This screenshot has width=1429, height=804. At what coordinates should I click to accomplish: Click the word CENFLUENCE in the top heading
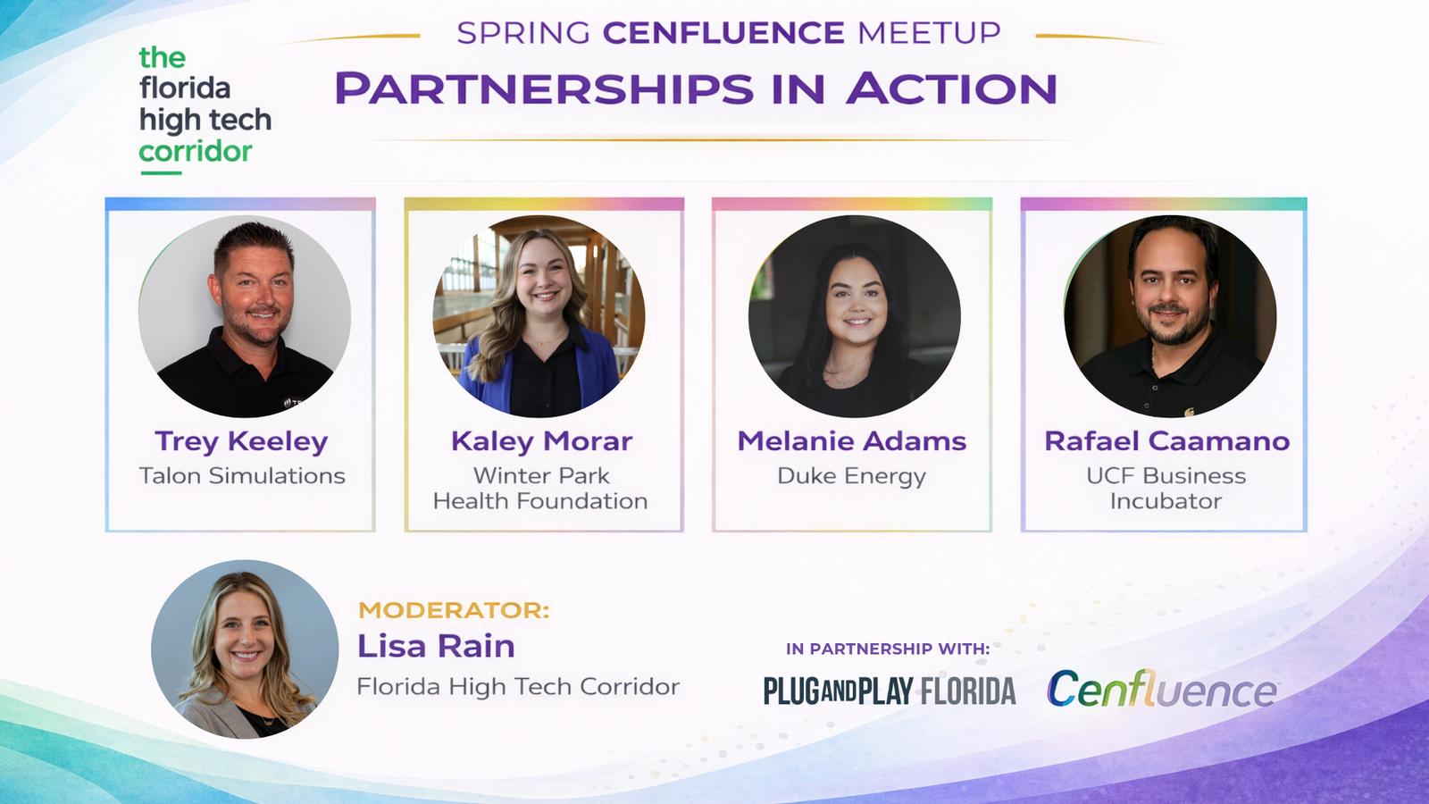(724, 32)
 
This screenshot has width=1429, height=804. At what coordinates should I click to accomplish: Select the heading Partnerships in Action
(696, 88)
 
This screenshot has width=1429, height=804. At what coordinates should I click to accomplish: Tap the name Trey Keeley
(241, 441)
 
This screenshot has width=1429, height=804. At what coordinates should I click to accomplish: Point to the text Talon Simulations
(242, 475)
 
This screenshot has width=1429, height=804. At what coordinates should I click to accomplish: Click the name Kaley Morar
(541, 441)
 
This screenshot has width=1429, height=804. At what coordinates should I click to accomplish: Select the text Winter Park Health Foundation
(541, 488)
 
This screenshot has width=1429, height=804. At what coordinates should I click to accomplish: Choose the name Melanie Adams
(852, 441)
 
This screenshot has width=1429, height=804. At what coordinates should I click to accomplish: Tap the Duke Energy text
(852, 477)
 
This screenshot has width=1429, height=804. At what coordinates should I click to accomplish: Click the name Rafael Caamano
(1166, 441)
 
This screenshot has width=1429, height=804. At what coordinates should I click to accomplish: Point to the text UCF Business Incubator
(1166, 488)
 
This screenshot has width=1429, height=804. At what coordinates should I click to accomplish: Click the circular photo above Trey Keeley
(245, 316)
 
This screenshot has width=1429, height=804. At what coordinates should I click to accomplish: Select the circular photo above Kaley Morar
(539, 316)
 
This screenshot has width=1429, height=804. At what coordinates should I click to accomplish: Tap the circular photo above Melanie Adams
(854, 316)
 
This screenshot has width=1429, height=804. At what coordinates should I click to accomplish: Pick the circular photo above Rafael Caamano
(1170, 316)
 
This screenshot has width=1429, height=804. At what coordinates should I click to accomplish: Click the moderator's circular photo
(245, 649)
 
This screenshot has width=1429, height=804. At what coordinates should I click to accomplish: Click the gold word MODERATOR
(454, 610)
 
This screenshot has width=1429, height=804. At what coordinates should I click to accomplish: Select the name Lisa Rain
(436, 646)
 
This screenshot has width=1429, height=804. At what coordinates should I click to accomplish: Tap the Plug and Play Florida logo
(890, 691)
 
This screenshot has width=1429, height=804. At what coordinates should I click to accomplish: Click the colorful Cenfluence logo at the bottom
(1162, 689)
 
